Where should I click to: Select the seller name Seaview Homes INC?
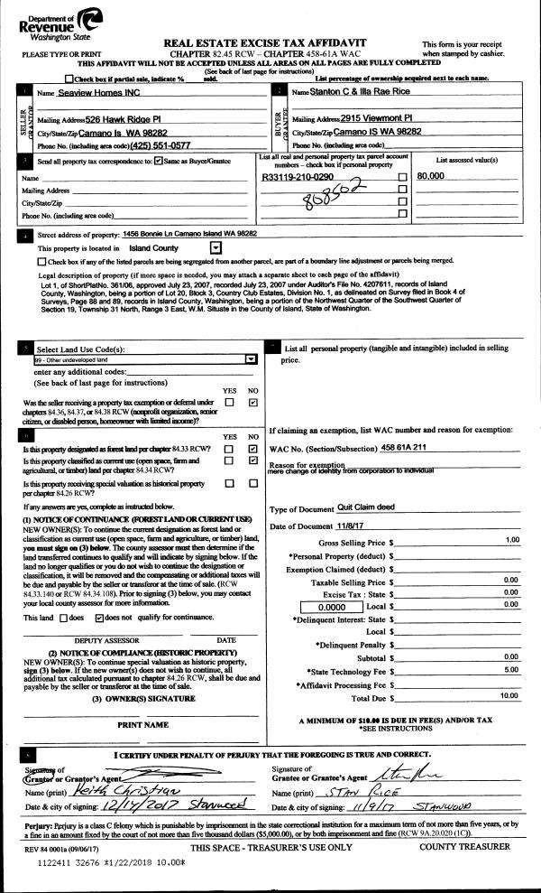click(x=97, y=94)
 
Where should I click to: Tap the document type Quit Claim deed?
click(x=366, y=507)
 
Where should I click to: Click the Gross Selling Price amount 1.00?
click(x=512, y=539)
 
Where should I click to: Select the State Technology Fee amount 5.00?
click(x=511, y=669)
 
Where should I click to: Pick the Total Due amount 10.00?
click(x=509, y=695)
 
